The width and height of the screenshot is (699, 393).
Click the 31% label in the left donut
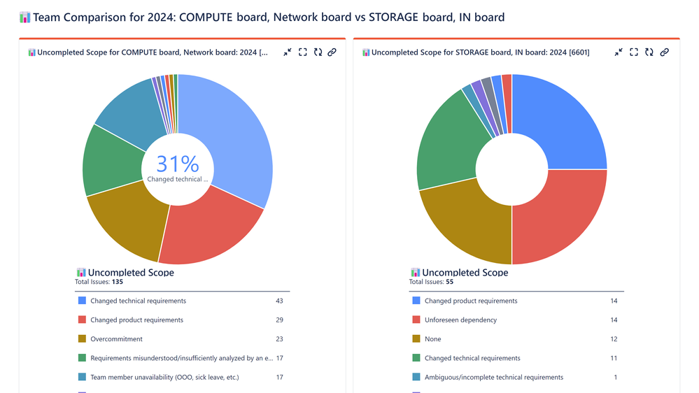coord(178,164)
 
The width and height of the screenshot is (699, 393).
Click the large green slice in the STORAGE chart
coord(448,140)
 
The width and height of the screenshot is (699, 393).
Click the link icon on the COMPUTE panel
coord(332,52)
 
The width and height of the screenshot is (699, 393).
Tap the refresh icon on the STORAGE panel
coord(649,52)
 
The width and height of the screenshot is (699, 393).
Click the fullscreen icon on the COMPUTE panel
coord(303,52)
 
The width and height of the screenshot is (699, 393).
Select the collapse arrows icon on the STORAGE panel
coord(619,52)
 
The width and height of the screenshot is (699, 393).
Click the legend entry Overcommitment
coord(117,339)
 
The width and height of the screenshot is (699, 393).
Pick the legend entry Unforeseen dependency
coord(460,320)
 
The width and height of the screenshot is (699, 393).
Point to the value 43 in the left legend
coord(279,301)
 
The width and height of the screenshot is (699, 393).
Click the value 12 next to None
coord(614,339)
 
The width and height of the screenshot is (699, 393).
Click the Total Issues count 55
coord(450,282)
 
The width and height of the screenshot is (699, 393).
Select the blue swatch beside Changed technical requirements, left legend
coord(82,301)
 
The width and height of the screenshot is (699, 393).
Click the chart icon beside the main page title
coord(25,17)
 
